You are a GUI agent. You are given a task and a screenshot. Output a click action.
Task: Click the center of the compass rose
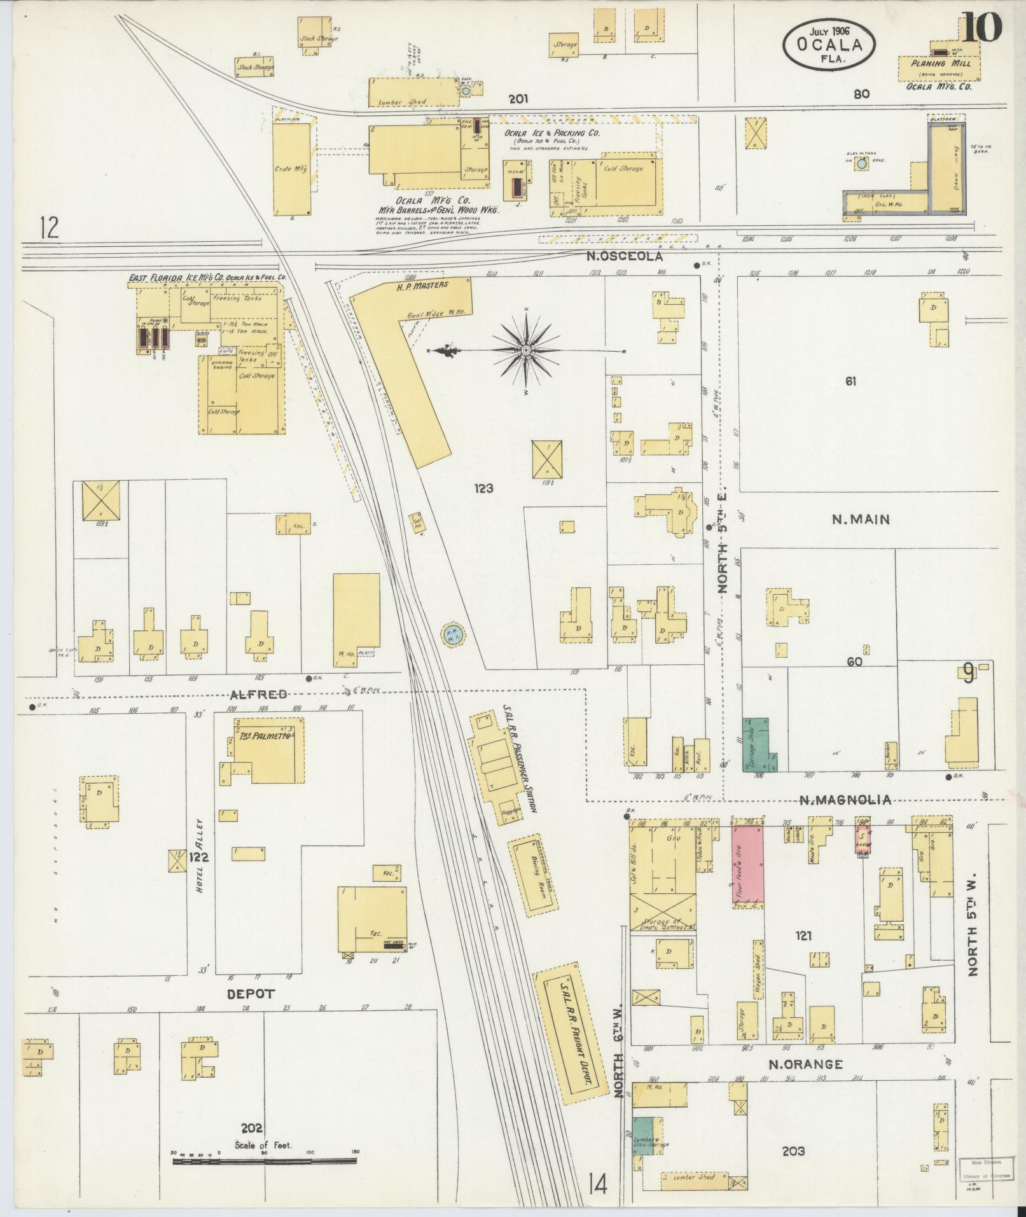(x=527, y=351)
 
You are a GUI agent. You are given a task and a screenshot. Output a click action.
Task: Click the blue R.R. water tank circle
(x=453, y=635)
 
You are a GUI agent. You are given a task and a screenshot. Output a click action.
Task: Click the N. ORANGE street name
(x=805, y=1064)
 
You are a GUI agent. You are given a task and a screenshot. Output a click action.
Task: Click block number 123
(x=483, y=489)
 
